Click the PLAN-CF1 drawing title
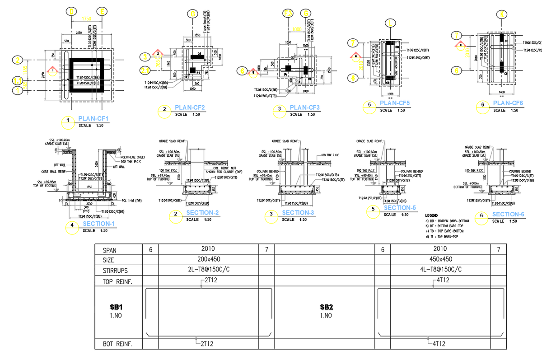93,119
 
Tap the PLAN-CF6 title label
508,103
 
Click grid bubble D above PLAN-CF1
71,11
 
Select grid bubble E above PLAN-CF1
103,11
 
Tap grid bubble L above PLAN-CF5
391,22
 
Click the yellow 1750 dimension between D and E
87,19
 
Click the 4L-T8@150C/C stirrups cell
440,270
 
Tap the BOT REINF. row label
118,344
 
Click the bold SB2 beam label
327,307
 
